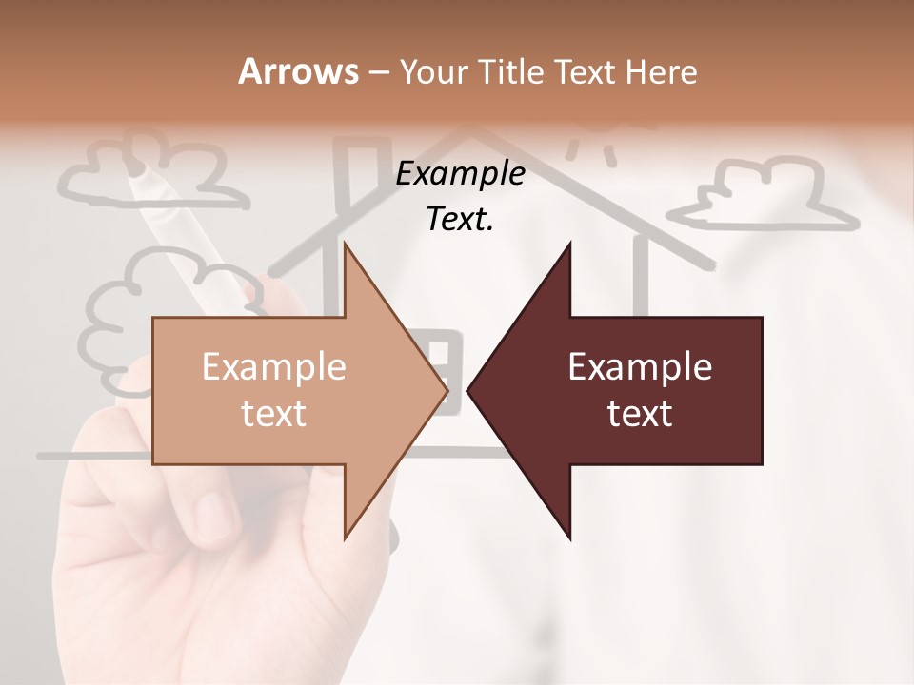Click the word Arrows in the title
click(x=298, y=71)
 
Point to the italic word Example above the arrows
click(x=460, y=174)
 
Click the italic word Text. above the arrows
click(x=460, y=220)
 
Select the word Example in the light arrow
click(x=273, y=367)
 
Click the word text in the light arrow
click(x=273, y=414)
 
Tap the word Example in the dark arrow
click(x=640, y=367)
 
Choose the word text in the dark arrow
click(x=640, y=414)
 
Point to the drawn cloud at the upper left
click(x=152, y=171)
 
